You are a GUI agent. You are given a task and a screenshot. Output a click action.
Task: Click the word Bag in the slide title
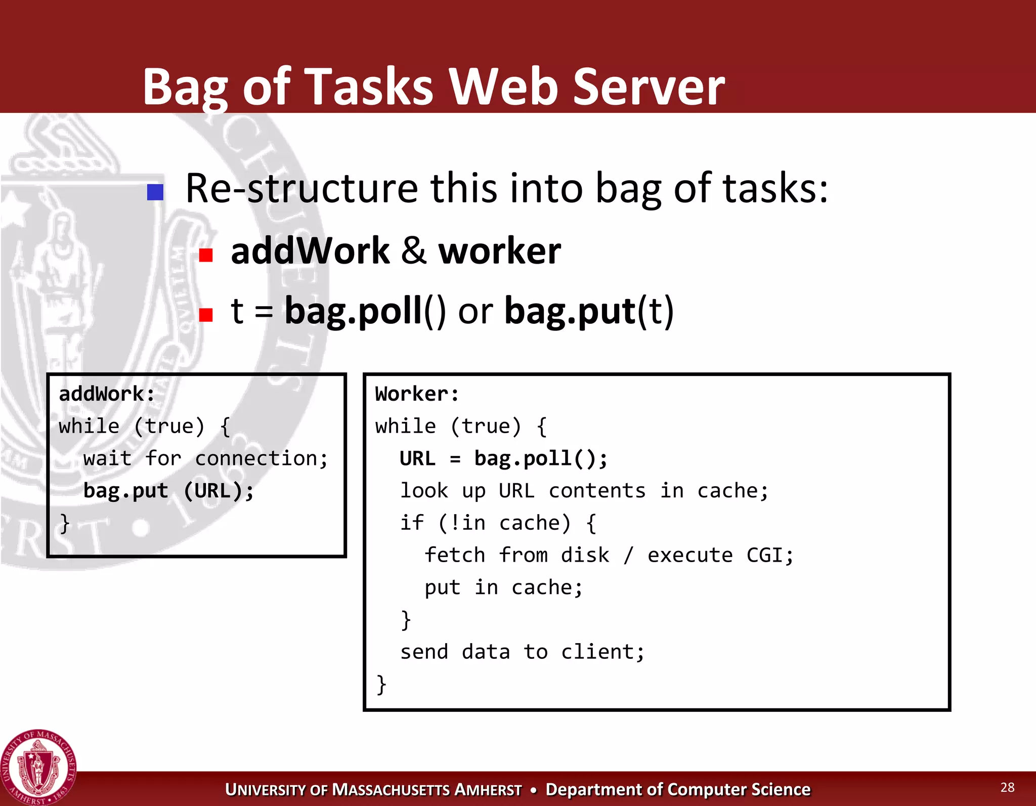pos(185,87)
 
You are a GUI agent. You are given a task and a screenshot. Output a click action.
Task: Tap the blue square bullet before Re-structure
pos(155,192)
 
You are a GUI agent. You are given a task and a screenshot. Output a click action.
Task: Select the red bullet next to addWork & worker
pos(205,254)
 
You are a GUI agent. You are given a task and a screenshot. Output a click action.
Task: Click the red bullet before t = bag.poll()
pos(205,315)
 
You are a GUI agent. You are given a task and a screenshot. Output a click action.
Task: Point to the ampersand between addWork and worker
pos(414,251)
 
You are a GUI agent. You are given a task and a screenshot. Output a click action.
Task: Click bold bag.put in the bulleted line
pos(570,311)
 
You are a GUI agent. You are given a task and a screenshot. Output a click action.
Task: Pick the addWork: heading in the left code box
pos(107,394)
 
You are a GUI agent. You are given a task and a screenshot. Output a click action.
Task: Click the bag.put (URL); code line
pos(168,490)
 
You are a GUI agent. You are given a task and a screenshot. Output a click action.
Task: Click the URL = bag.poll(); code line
pos(503,458)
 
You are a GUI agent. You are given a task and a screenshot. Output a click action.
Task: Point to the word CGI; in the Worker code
pos(769,555)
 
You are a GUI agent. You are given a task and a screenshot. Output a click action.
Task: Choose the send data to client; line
pos(522,652)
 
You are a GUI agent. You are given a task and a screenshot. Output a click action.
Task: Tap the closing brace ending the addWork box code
pos(65,523)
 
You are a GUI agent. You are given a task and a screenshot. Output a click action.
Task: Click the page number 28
pos(1007,787)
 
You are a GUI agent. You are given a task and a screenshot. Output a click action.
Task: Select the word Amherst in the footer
pos(488,790)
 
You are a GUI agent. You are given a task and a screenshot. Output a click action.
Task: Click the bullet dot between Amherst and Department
pos(533,790)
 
